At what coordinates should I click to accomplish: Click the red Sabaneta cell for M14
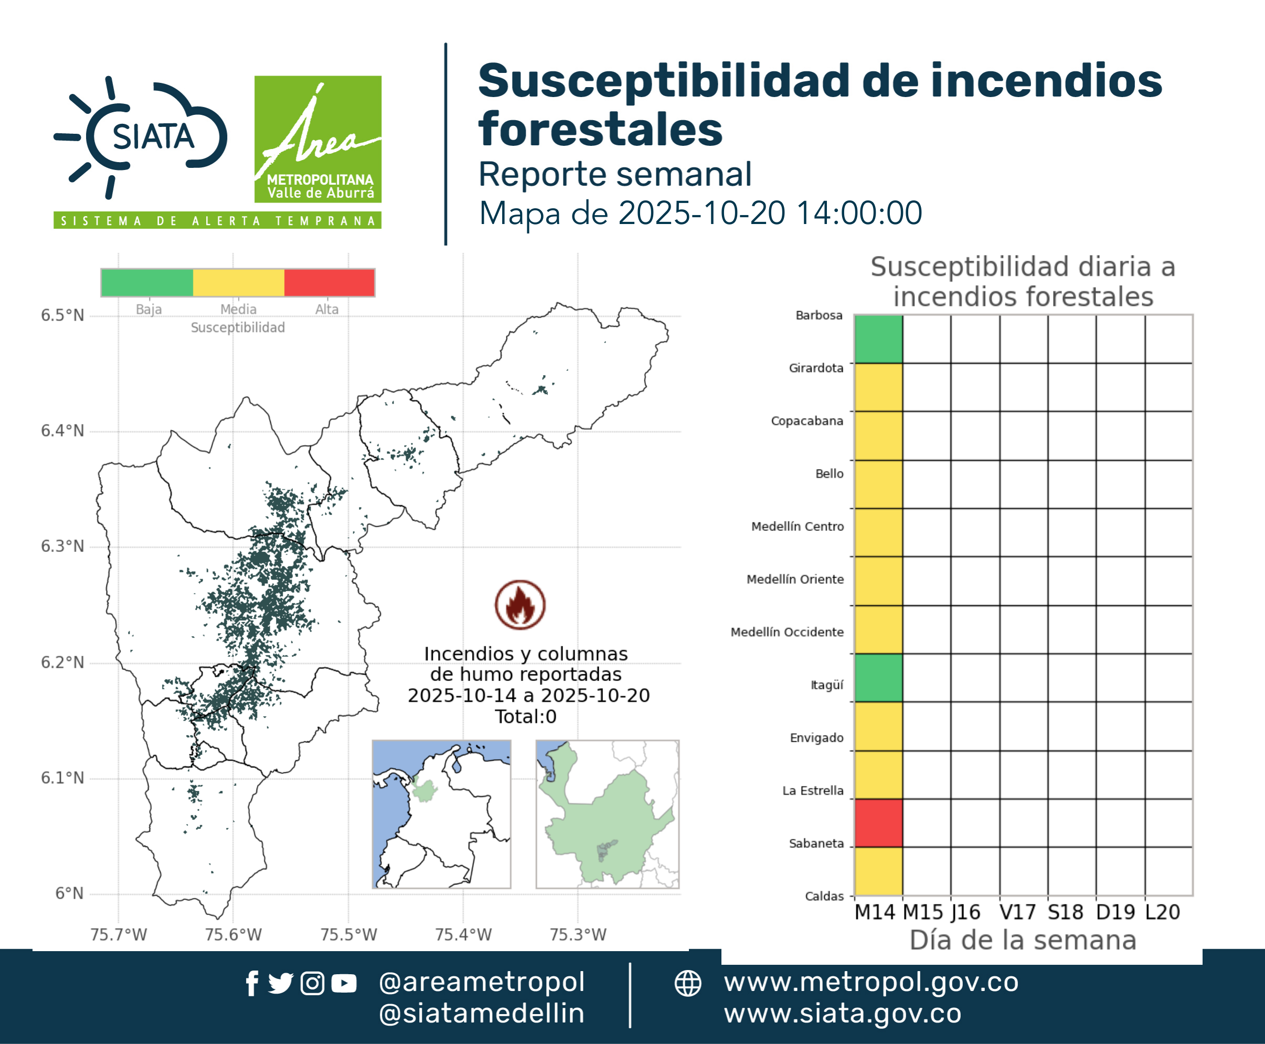click(878, 823)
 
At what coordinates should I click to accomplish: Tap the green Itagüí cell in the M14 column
click(878, 678)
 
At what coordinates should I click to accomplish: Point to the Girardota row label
click(816, 368)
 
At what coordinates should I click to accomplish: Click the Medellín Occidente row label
click(787, 632)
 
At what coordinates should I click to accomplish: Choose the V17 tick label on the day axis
click(1017, 912)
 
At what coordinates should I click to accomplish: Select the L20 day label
click(1162, 912)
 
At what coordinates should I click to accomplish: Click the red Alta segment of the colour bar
click(329, 283)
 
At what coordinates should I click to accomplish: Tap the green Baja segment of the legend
click(147, 283)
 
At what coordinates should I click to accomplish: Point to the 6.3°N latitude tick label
click(62, 546)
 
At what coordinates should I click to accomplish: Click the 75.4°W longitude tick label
click(463, 934)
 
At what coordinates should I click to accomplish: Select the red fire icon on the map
click(520, 605)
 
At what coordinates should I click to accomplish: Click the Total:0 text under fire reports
click(526, 716)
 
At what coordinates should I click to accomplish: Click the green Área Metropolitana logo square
click(317, 139)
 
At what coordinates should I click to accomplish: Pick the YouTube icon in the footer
click(344, 983)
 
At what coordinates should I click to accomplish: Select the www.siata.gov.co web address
click(843, 1014)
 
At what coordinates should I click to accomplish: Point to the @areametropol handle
click(482, 982)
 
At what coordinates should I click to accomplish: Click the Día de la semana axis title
click(1023, 940)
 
